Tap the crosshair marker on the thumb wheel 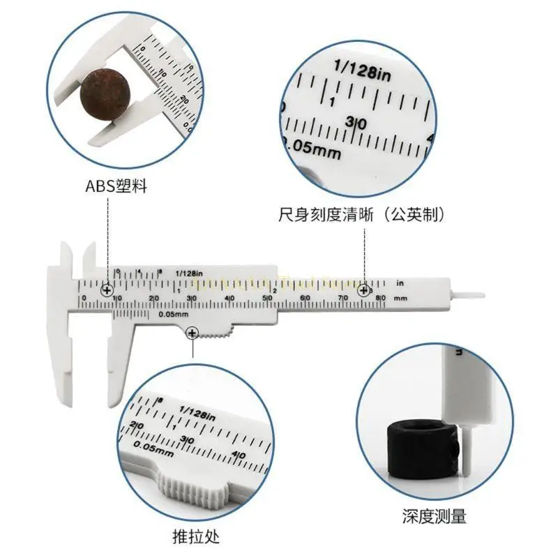pyautogui.click(x=192, y=335)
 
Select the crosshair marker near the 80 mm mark pyautogui.click(x=363, y=290)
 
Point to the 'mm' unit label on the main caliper pyautogui.click(x=400, y=299)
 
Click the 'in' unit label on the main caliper pyautogui.click(x=400, y=283)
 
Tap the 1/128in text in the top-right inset pyautogui.click(x=363, y=68)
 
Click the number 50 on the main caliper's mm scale pyautogui.click(x=266, y=299)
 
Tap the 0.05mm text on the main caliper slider pyautogui.click(x=171, y=314)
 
